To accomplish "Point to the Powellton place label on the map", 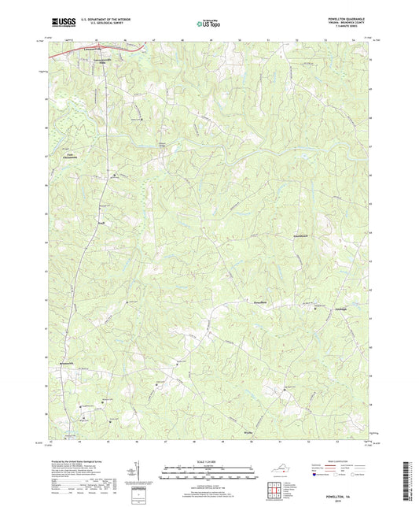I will (x=259, y=302).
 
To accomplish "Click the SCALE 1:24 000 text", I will (x=208, y=461).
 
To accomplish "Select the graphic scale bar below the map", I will (x=208, y=476).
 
